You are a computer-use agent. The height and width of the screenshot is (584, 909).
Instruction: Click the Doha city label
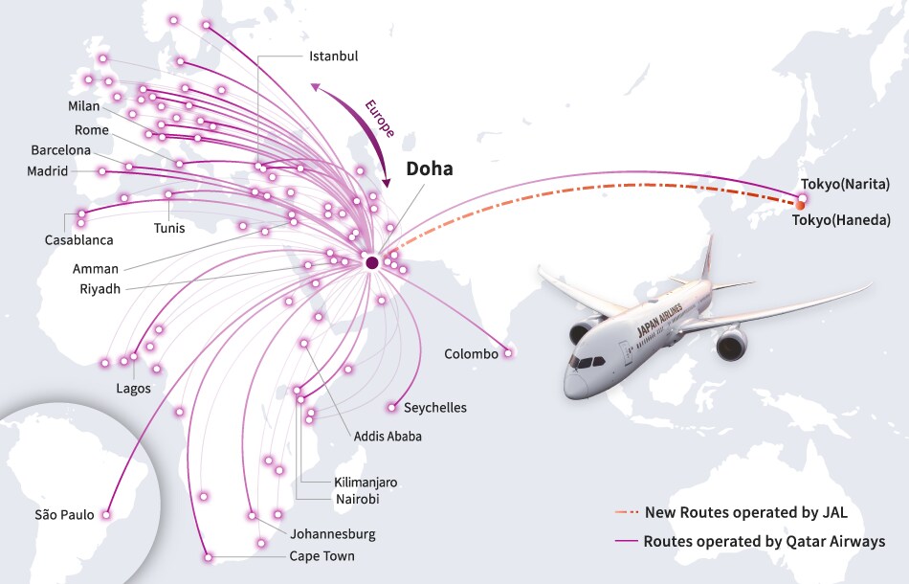(x=430, y=169)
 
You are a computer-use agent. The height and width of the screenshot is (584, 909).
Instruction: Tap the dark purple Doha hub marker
(x=371, y=262)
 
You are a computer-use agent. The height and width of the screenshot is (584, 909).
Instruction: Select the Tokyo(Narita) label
(x=846, y=184)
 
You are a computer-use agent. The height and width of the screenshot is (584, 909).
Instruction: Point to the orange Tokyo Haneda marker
(x=800, y=205)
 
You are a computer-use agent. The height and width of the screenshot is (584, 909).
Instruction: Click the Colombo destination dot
(x=508, y=353)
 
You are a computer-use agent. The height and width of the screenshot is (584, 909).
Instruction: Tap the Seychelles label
(x=435, y=408)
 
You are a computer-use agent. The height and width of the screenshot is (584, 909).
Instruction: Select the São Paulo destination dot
(x=106, y=514)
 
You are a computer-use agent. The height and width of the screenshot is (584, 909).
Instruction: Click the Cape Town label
(x=321, y=556)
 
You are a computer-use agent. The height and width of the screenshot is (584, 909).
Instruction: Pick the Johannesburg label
(x=333, y=534)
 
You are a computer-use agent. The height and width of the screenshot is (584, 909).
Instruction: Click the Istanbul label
(x=333, y=56)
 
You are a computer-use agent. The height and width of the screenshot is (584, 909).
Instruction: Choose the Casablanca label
(x=78, y=240)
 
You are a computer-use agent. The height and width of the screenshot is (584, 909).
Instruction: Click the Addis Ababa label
(x=388, y=437)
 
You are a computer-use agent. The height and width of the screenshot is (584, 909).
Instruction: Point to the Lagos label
(x=133, y=389)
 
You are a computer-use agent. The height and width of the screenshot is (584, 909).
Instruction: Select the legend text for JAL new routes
(x=746, y=511)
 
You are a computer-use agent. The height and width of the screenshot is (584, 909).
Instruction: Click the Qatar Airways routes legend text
(x=764, y=542)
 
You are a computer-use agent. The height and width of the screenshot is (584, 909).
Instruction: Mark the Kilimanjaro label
(x=366, y=483)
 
